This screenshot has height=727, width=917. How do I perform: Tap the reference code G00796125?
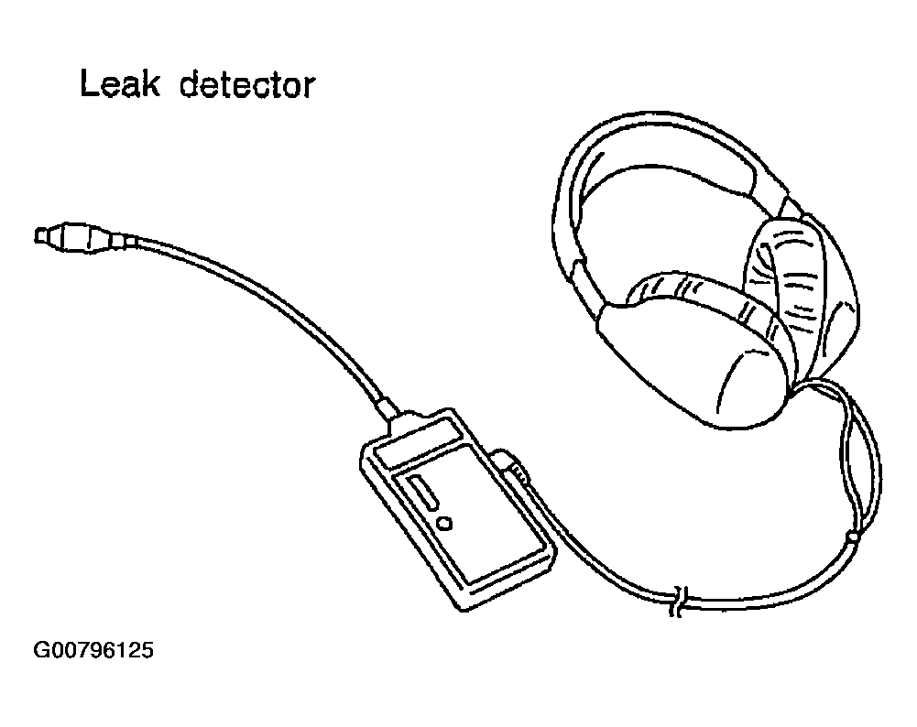point(93,652)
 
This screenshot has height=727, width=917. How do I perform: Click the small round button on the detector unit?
point(445,524)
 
